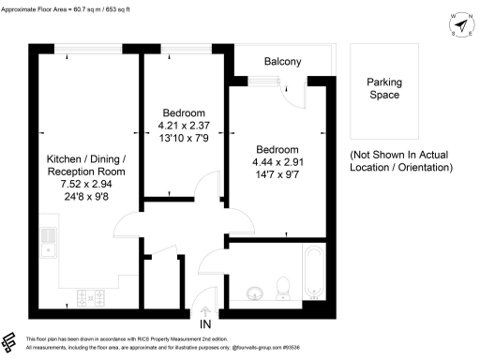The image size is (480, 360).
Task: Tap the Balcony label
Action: (282, 62)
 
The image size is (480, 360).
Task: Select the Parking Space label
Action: (382, 88)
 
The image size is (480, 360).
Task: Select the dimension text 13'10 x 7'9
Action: (184, 139)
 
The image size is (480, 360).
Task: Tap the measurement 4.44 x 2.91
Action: (277, 162)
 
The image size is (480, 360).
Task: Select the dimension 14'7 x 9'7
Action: (277, 175)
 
